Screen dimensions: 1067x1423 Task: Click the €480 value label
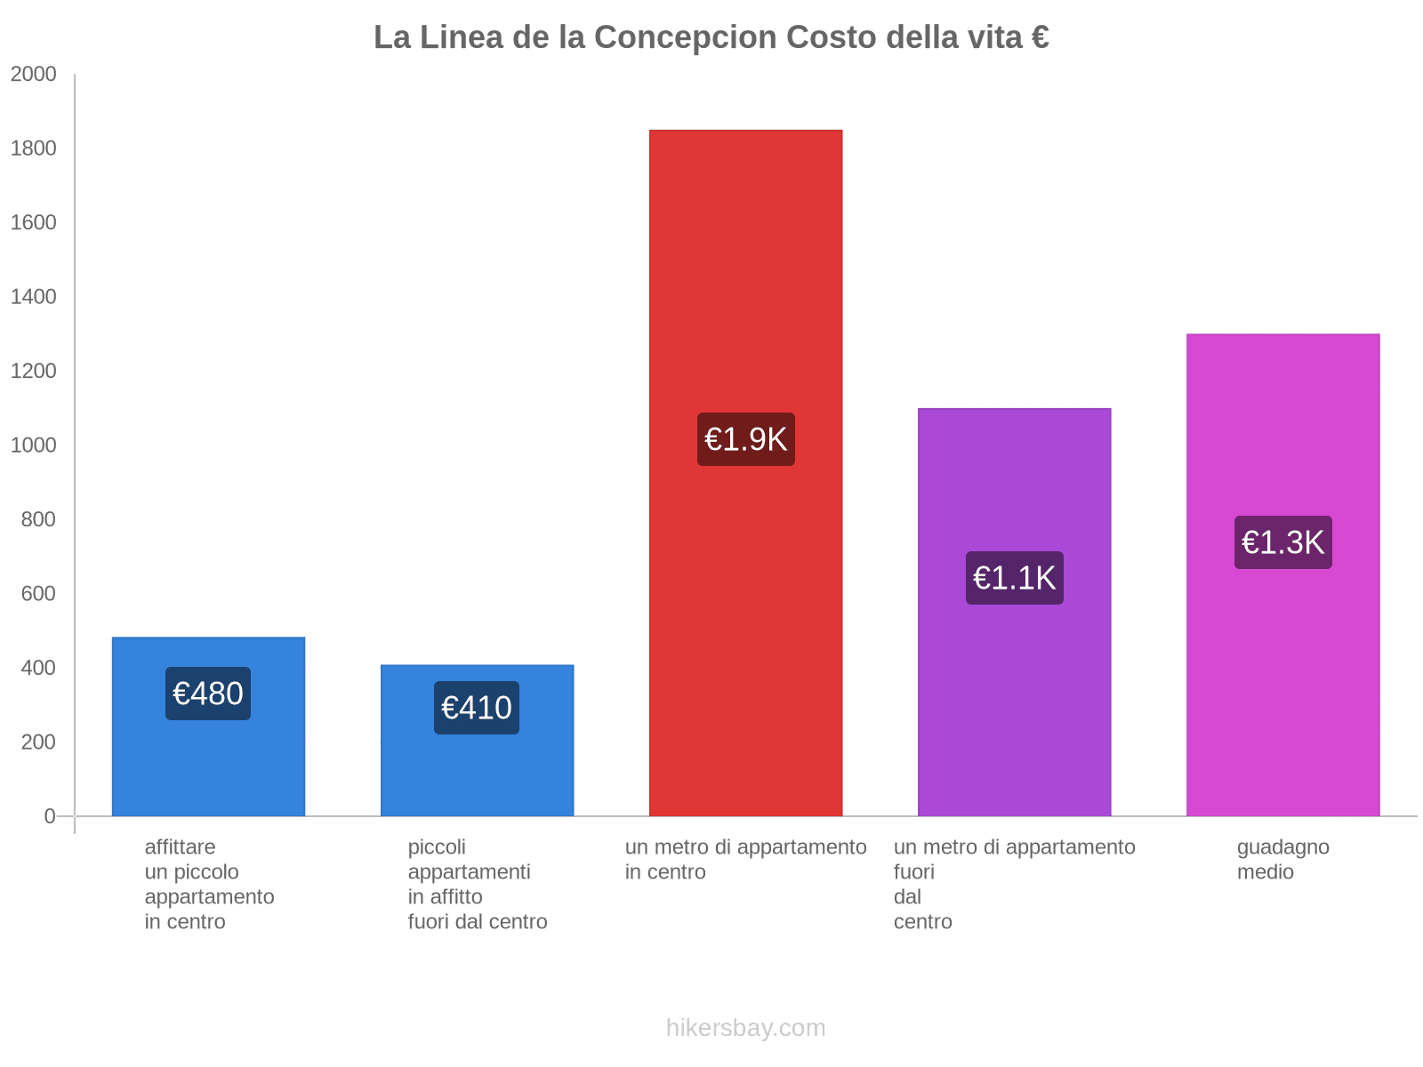point(208,694)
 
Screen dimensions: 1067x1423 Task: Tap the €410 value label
point(477,708)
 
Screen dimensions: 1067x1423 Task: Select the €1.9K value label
point(745,439)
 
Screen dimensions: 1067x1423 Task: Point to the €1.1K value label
point(1014,578)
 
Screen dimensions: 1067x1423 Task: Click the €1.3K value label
point(1282,542)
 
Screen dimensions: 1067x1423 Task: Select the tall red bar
point(745,267)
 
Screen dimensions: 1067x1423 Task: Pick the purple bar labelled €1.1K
point(1014,711)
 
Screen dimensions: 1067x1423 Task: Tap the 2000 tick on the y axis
point(34,75)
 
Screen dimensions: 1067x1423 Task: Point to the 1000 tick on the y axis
point(34,445)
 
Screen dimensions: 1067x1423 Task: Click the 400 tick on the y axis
point(38,668)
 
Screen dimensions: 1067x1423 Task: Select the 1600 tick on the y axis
point(34,223)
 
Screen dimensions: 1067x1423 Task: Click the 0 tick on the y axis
point(50,816)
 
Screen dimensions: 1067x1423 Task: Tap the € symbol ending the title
point(1040,37)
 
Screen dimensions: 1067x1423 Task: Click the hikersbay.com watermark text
point(745,1028)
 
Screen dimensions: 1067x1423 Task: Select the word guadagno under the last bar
point(1282,847)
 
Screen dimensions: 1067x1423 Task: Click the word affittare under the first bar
point(180,847)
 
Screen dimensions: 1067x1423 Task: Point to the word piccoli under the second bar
point(437,847)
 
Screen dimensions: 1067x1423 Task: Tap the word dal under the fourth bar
point(907,897)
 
